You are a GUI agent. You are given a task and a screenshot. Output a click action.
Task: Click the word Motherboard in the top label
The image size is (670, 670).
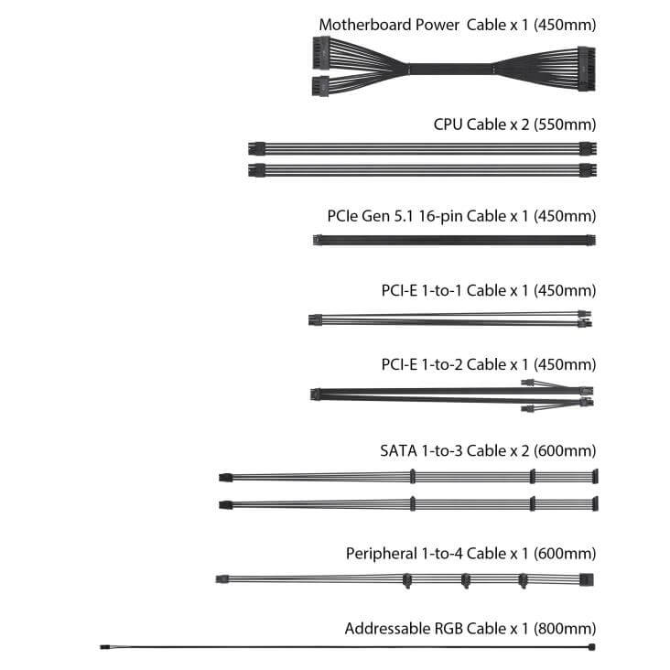pos(365,25)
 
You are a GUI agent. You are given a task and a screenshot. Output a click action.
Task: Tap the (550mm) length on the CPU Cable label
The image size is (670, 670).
pos(565,124)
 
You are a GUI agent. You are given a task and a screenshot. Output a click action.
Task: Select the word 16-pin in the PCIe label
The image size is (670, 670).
pos(440,216)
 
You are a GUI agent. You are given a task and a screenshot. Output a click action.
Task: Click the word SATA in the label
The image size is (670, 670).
pos(398,450)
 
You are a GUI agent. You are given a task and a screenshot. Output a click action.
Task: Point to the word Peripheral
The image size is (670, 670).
pos(381,554)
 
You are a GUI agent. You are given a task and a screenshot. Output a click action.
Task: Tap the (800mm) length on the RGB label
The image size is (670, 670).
pos(565,629)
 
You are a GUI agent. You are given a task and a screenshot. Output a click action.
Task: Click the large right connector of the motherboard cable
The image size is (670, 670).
pos(587,69)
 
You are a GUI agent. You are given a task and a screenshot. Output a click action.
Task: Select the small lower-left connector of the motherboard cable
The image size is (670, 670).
pos(320,86)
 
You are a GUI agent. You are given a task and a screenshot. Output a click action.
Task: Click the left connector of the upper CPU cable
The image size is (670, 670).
pos(256,148)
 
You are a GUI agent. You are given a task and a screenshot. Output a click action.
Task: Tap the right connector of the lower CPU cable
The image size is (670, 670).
pos(588,170)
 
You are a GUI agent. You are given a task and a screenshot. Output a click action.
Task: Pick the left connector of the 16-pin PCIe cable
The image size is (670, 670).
pos(318,240)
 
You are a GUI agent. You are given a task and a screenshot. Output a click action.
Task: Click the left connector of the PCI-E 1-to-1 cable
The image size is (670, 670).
pos(315,319)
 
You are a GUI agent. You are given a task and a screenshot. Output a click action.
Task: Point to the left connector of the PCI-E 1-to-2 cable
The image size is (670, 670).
pos(316,394)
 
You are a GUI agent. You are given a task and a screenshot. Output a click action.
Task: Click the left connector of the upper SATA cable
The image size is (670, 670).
pos(225,478)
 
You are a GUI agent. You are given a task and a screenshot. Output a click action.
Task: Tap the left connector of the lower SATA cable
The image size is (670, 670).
pos(225,505)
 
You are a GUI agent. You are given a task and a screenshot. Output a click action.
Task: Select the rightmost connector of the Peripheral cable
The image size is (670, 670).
pos(587,579)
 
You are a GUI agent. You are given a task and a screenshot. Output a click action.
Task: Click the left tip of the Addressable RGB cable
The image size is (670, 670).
pos(101,647)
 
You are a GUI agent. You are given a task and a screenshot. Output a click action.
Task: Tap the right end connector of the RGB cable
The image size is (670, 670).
pos(592,647)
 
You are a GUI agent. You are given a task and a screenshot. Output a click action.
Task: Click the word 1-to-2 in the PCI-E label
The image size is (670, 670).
pos(442,365)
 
